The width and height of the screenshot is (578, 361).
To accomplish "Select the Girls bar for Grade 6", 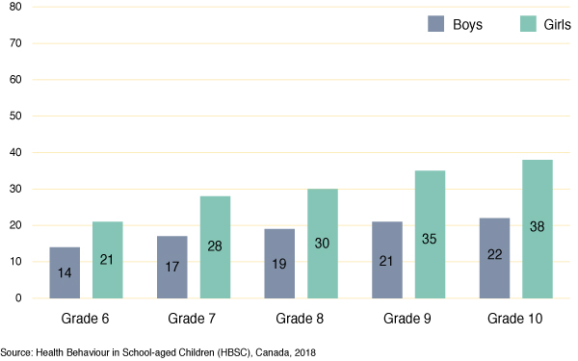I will pos(107,260).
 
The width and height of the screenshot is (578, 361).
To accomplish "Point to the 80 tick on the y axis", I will pos(15,8).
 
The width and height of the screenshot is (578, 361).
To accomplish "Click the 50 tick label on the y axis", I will pos(15,116).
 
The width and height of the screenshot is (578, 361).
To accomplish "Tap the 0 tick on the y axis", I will pos(18,298).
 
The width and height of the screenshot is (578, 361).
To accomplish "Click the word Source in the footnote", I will pos(17,352).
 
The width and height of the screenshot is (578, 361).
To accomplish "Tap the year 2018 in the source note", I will pos(305,352).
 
